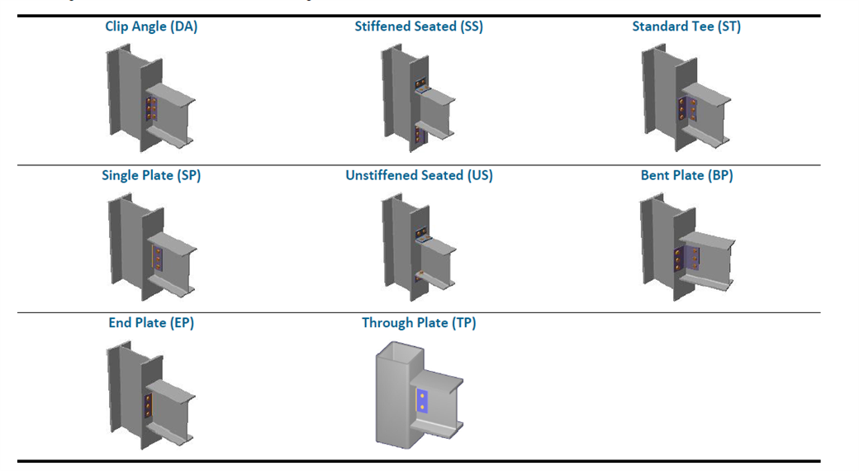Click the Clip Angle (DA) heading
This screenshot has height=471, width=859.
[x=151, y=26]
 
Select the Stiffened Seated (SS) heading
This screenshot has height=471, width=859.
[x=419, y=26]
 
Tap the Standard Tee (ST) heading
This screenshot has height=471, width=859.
[x=686, y=26]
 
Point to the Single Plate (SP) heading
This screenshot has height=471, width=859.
[x=151, y=175]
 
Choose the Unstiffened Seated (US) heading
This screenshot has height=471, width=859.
[x=419, y=175]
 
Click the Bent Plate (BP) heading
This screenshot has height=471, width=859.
[x=686, y=175]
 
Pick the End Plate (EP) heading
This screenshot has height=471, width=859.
[x=151, y=323]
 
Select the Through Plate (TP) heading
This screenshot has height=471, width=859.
[x=419, y=323]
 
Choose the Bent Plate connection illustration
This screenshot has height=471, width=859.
[x=686, y=246]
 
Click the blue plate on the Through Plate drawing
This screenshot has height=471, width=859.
[x=422, y=402]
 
